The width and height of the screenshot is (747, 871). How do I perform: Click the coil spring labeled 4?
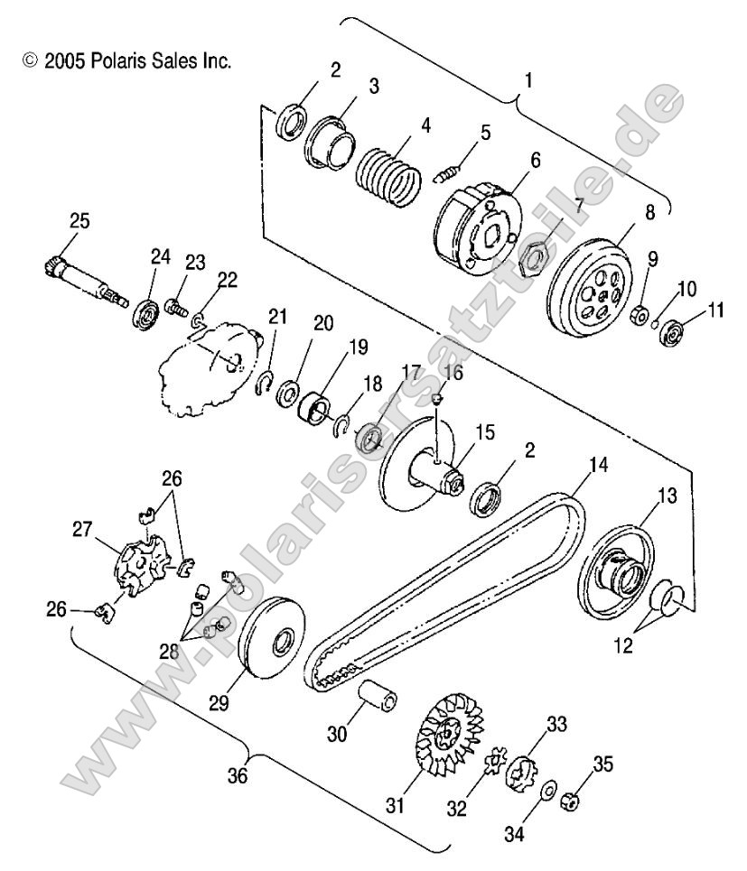tap(386, 173)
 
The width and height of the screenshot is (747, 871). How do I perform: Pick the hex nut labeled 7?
tap(535, 261)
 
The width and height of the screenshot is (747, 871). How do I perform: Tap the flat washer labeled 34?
tap(547, 792)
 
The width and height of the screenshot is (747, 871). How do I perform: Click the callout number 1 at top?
tap(528, 79)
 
